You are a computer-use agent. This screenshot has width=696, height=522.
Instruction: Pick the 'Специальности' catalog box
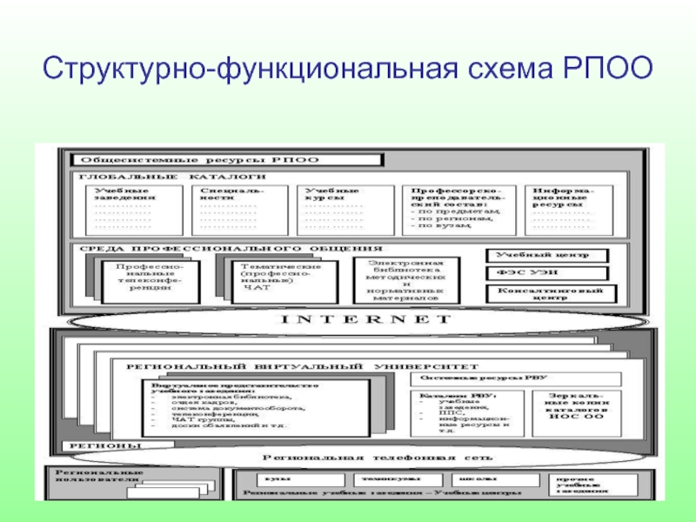[x=234, y=209]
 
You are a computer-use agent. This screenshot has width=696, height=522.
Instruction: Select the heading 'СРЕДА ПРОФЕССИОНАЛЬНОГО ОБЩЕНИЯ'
[x=231, y=248]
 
